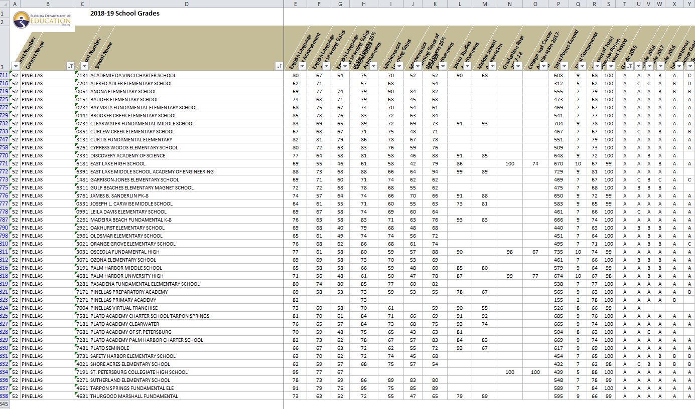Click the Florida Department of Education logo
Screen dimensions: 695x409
pyautogui.click(x=42, y=21)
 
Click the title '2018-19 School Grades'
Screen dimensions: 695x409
pyautogui.click(x=125, y=14)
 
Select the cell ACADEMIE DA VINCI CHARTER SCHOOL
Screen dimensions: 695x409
pyautogui.click(x=133, y=76)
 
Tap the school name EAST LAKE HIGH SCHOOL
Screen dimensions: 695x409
pyautogui.click(x=118, y=164)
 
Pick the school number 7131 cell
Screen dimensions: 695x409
pyautogui.click(x=82, y=76)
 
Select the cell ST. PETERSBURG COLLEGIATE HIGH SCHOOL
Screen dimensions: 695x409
pyautogui.click(x=138, y=372)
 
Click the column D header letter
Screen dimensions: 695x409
pyautogui.click(x=187, y=4)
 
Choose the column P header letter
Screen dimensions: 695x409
pyautogui.click(x=559, y=4)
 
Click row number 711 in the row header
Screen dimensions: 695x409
pyautogui.click(x=5, y=76)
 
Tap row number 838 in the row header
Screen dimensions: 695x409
pyautogui.click(x=5, y=396)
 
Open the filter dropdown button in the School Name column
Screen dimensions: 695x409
pyautogui.click(x=279, y=66)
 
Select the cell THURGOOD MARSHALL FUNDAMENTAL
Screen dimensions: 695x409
pyautogui.click(x=134, y=396)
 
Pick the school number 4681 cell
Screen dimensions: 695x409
pyautogui.click(x=82, y=276)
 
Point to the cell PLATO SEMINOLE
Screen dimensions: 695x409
pyautogui.click(x=109, y=348)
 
